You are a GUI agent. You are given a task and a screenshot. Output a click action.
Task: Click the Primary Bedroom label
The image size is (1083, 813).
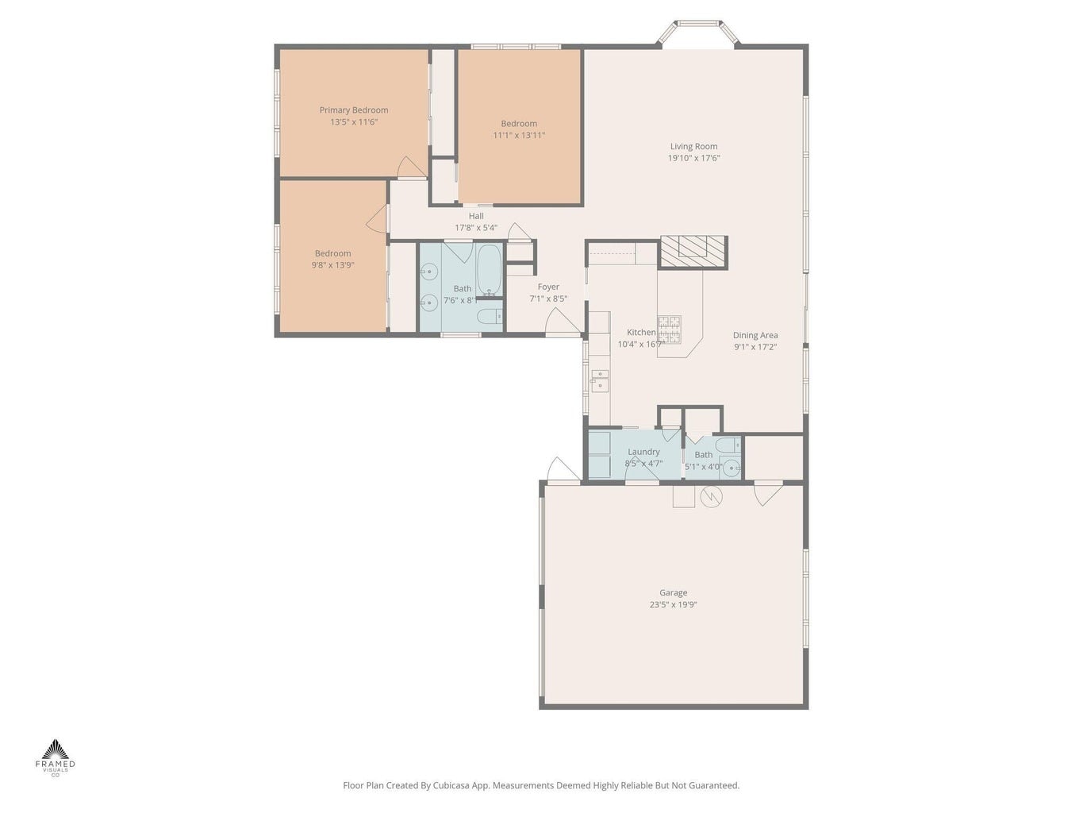(353, 110)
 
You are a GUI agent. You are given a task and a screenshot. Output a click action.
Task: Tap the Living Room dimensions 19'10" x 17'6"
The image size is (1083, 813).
(693, 158)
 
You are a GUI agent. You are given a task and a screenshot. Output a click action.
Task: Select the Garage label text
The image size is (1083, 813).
(673, 593)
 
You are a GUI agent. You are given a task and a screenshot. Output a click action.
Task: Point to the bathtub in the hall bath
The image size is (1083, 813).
(490, 271)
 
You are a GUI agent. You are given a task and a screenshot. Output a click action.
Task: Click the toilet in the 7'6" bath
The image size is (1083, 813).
(490, 315)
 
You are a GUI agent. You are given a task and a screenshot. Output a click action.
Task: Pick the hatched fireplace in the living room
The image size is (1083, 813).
(693, 252)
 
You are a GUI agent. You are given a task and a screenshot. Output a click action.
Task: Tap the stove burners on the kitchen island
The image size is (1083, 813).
(669, 329)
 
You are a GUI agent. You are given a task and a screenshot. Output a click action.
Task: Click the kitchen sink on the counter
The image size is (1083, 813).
(600, 381)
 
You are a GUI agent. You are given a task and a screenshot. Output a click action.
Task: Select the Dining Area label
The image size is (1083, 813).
(755, 335)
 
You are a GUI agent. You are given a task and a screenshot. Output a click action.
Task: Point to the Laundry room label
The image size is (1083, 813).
(643, 452)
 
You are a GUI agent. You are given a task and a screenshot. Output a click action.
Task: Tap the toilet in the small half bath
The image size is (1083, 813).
(728, 445)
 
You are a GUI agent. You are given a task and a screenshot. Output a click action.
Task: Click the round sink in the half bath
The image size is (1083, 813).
(731, 468)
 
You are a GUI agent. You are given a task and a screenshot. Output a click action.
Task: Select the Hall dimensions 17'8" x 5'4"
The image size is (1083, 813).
(475, 228)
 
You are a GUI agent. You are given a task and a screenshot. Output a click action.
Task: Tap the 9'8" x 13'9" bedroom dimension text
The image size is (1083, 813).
(332, 265)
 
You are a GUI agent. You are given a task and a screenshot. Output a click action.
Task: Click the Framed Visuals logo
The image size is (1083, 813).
(56, 759)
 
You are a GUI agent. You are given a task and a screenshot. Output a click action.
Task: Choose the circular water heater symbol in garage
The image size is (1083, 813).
(711, 496)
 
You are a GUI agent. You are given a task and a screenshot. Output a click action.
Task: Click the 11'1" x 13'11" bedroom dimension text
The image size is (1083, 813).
(519, 135)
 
